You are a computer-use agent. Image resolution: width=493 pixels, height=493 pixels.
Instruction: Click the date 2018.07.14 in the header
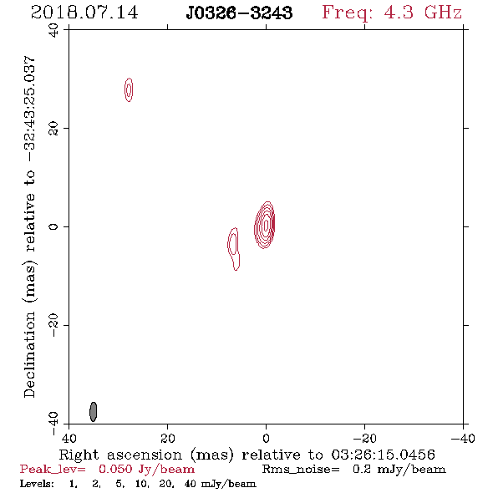(x=84, y=13)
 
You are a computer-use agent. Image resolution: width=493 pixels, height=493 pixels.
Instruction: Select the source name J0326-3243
(x=239, y=13)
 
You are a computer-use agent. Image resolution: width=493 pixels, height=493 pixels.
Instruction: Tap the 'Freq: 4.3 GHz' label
(x=392, y=13)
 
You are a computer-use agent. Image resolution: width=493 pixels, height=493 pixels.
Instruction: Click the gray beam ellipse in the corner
(x=93, y=412)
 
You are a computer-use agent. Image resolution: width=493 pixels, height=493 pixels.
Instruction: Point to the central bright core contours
(x=265, y=225)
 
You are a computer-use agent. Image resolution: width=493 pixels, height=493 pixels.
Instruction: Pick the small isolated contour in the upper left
(x=129, y=89)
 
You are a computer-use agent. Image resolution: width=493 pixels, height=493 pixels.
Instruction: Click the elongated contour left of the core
(x=233, y=248)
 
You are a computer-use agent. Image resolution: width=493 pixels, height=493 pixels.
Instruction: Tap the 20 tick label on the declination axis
(x=53, y=129)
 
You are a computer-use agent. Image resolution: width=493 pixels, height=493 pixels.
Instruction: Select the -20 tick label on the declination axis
(x=53, y=325)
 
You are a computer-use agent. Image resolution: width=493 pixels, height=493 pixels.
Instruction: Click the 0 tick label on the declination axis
(x=53, y=226)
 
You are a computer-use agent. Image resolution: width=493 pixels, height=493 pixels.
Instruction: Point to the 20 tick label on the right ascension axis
(x=167, y=438)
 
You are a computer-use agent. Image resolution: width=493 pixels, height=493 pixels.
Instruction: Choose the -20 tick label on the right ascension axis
(x=364, y=438)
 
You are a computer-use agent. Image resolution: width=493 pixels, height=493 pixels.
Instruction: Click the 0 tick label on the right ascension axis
(x=266, y=438)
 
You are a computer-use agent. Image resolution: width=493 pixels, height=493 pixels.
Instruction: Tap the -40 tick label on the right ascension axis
(x=463, y=438)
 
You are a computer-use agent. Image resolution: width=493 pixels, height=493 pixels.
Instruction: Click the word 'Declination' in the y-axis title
(x=29, y=354)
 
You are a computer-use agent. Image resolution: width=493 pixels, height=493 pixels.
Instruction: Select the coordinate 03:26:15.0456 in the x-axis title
(x=384, y=455)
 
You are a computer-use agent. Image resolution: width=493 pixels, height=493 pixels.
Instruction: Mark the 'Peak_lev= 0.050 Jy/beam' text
(x=107, y=470)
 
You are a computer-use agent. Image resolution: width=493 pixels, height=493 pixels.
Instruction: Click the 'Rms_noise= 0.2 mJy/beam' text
(x=354, y=470)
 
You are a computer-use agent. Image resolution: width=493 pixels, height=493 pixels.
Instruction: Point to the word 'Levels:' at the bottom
(x=37, y=484)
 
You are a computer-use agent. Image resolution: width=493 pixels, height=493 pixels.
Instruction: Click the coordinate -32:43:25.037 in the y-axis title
(x=29, y=109)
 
